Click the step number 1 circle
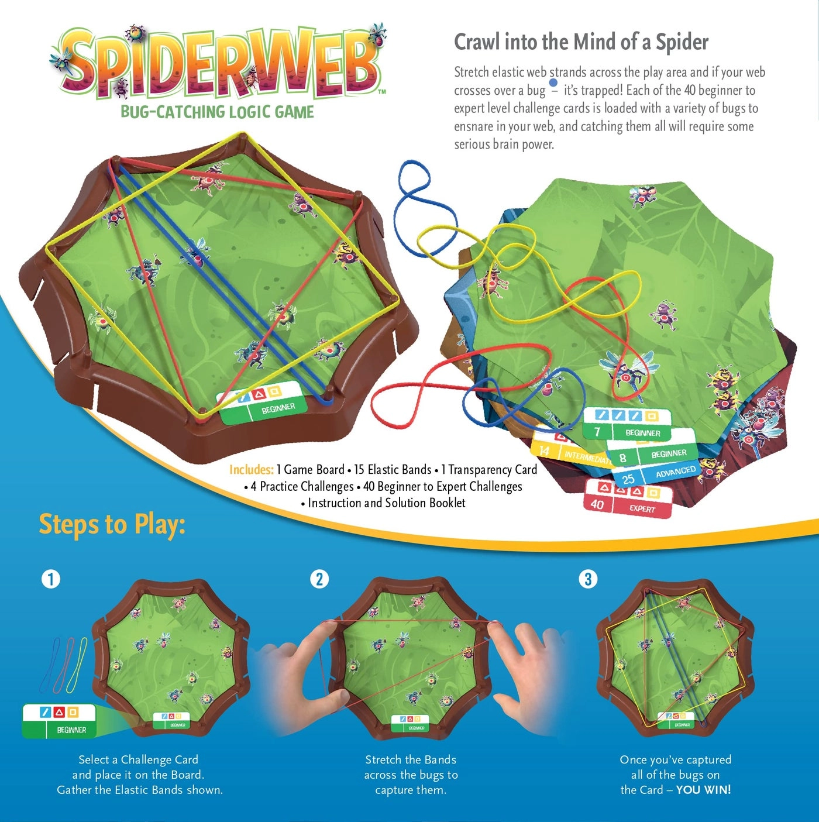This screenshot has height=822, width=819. pyautogui.click(x=51, y=579)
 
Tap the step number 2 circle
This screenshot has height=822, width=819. pyautogui.click(x=319, y=579)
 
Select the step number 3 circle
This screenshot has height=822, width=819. pyautogui.click(x=588, y=579)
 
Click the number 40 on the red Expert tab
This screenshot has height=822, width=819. pyautogui.click(x=597, y=504)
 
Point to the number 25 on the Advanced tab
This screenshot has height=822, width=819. pyautogui.click(x=628, y=479)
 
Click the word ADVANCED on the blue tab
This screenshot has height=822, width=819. pyautogui.click(x=675, y=472)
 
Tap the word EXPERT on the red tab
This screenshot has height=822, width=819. pyautogui.click(x=642, y=508)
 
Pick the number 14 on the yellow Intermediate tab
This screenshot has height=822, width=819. pyautogui.click(x=544, y=450)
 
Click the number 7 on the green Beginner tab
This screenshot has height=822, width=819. pyautogui.click(x=597, y=432)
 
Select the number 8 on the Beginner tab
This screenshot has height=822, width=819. pyautogui.click(x=622, y=458)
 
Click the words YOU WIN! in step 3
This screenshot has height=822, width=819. pyautogui.click(x=703, y=790)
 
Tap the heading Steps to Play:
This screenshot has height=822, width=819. pyautogui.click(x=112, y=524)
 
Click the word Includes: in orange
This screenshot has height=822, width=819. pyautogui.click(x=251, y=469)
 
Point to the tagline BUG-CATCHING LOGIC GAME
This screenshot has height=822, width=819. pyautogui.click(x=217, y=112)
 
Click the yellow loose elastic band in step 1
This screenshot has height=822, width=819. pyautogui.click(x=78, y=664)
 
